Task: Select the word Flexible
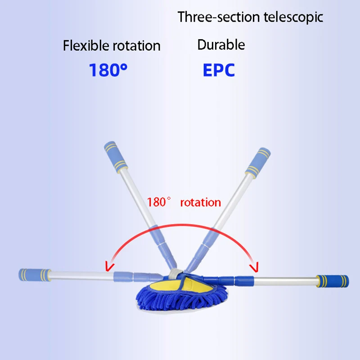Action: pos(84,45)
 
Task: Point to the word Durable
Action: pos(221,45)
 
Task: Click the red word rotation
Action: pos(200,202)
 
